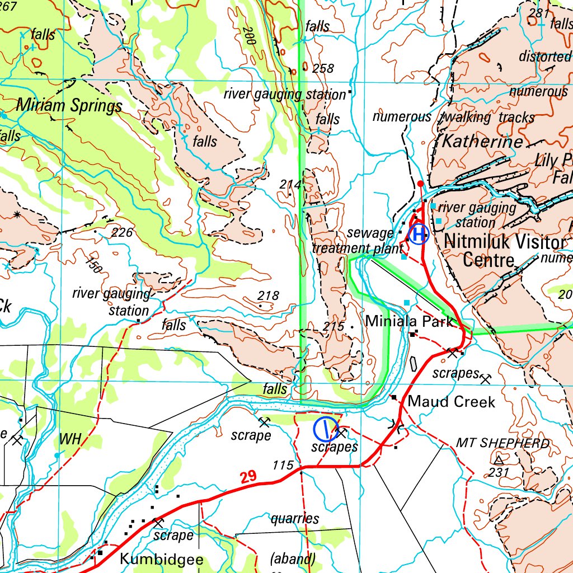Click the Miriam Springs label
pos(69,105)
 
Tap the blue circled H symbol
pos(419,233)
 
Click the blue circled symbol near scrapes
pos(325,429)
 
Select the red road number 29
pos(249,477)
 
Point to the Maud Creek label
pos(452,401)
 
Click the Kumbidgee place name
pos(162,559)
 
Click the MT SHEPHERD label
pos(502,443)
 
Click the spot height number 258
pos(323,68)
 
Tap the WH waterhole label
pos(71,439)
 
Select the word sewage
pos(370,233)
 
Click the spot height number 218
pos(268,295)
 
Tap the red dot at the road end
pos(421,184)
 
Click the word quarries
pos(295,519)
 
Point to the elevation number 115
pos(283,465)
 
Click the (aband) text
pos(293,558)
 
